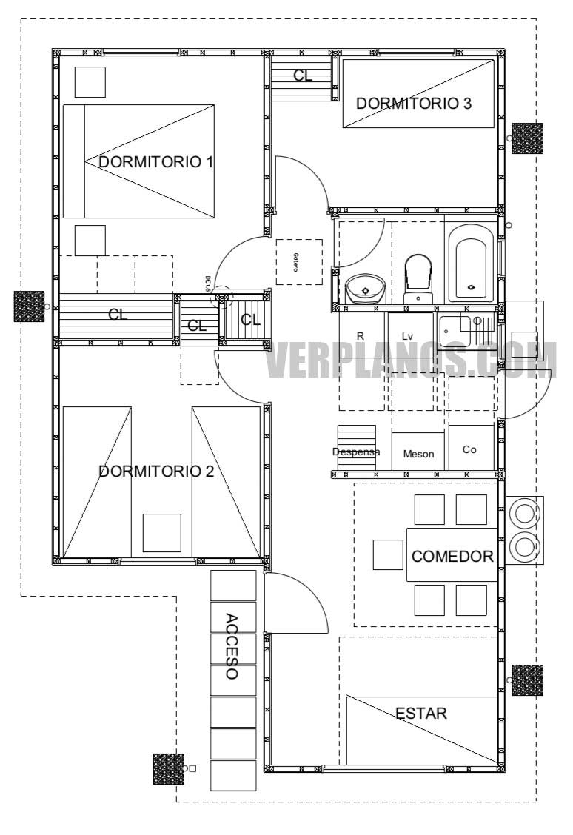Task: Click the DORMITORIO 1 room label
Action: [x=155, y=161]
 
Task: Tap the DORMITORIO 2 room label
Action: [x=155, y=471]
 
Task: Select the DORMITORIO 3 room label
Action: [x=413, y=104]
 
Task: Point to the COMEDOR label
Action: [x=452, y=557]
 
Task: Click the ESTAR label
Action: [x=420, y=714]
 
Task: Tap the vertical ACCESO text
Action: [x=231, y=647]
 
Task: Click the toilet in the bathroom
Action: [x=418, y=278]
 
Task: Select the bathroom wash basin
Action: [x=363, y=286]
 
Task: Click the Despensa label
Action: [x=356, y=452]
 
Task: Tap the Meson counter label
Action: [x=418, y=454]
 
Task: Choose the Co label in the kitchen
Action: [x=469, y=449]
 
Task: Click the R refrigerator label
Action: [x=361, y=336]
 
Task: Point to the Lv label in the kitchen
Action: [x=407, y=336]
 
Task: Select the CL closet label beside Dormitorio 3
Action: [x=302, y=76]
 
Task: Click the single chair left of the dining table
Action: [x=388, y=555]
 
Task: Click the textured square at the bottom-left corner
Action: [x=168, y=768]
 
